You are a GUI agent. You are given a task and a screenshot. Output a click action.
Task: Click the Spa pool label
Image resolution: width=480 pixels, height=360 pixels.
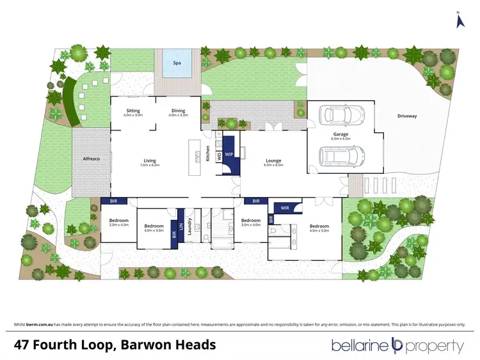pyautogui.click(x=177, y=63)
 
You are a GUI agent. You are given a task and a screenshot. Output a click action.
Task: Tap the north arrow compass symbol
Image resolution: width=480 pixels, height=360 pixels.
pyautogui.click(x=458, y=20)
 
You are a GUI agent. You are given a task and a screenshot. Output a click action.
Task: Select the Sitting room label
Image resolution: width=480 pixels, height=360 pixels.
pyautogui.click(x=133, y=111)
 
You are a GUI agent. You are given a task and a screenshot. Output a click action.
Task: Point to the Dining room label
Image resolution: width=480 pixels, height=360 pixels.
pyautogui.click(x=178, y=111)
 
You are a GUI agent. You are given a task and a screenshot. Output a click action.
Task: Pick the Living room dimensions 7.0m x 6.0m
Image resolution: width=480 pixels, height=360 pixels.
pyautogui.click(x=150, y=165)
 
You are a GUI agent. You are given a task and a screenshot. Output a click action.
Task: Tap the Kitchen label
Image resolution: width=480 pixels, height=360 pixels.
pyautogui.click(x=207, y=154)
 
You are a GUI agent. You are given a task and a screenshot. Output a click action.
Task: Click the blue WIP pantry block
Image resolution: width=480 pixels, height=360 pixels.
pyautogui.click(x=229, y=155)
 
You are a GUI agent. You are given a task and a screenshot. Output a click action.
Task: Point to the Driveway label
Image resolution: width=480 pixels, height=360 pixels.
pyautogui.click(x=406, y=116)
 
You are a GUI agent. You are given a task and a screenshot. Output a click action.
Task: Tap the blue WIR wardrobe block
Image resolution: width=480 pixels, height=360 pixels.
pyautogui.click(x=283, y=207)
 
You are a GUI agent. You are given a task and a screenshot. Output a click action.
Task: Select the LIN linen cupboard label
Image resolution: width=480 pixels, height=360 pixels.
pyautogui.click(x=181, y=225)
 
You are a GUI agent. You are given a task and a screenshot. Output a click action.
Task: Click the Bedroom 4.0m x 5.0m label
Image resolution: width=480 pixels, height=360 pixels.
pyautogui.click(x=319, y=226)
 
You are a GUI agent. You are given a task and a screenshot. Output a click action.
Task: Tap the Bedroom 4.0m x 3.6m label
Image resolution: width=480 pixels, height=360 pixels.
pyautogui.click(x=154, y=226)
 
